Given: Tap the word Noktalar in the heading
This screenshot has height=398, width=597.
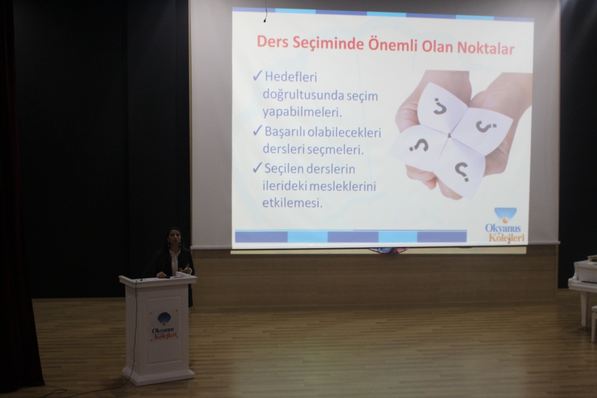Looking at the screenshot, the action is [486, 48].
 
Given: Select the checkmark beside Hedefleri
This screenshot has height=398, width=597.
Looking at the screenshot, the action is [257, 75].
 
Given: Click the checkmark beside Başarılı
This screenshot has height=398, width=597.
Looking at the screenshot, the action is [257, 131].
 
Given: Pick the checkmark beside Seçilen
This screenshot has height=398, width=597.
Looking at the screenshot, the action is [257, 167].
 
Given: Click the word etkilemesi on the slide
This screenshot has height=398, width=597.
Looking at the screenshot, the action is [292, 203].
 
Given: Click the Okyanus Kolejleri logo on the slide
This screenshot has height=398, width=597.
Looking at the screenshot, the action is [505, 225].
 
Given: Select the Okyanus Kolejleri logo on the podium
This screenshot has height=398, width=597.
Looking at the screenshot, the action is [164, 326].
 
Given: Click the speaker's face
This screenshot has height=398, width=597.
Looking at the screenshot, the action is [174, 238].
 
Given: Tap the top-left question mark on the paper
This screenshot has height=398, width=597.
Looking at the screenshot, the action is [440, 106].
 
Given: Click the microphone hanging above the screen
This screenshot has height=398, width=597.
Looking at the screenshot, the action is [265, 17].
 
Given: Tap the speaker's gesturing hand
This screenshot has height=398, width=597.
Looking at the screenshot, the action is [185, 270].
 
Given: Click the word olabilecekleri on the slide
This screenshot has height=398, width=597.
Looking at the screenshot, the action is [344, 132].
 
